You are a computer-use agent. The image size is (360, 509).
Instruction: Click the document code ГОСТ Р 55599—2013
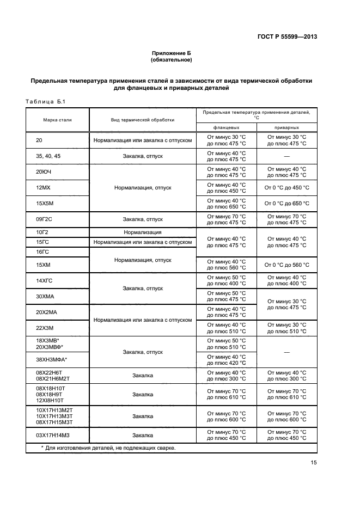pyautogui.click(x=286, y=36)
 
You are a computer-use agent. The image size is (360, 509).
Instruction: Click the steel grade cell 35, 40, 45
pyautogui.click(x=48, y=156)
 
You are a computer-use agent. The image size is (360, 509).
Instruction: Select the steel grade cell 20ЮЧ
pyautogui.click(x=43, y=172)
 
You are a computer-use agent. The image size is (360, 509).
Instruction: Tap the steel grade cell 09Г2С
pyautogui.click(x=45, y=219)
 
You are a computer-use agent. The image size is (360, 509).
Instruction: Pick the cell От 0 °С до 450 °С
pyautogui.click(x=287, y=188)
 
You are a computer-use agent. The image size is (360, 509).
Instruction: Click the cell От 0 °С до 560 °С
pyautogui.click(x=287, y=265)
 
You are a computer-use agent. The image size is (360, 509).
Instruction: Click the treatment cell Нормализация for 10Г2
pyautogui.click(x=143, y=232)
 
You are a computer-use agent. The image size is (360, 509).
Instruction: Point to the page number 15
pyautogui.click(x=313, y=463)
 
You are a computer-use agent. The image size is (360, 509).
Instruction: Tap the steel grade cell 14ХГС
pyautogui.click(x=44, y=281)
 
